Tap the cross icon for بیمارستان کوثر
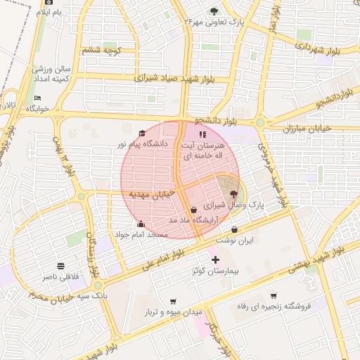tap(215, 260)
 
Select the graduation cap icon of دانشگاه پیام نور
tap(141, 134)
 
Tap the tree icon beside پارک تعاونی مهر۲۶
tap(214, 11)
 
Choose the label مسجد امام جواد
tap(141, 233)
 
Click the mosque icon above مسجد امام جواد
tap(141, 224)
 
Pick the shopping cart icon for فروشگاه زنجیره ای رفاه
tap(273, 295)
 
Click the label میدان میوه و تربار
tap(174, 311)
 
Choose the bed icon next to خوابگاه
tap(37, 98)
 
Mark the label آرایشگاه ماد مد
tap(195, 220)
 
